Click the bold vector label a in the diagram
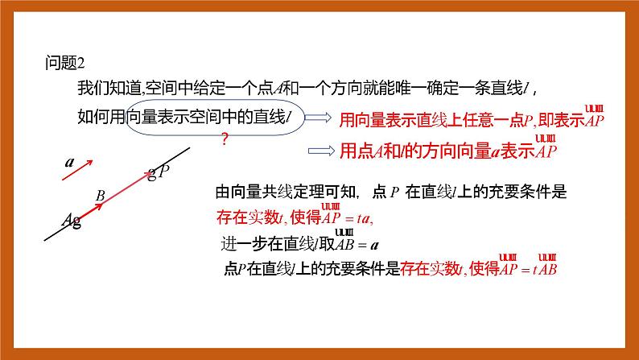[x=70, y=162]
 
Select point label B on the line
[x=101, y=195]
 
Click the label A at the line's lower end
[x=69, y=219]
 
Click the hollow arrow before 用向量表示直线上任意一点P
[x=321, y=118]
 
